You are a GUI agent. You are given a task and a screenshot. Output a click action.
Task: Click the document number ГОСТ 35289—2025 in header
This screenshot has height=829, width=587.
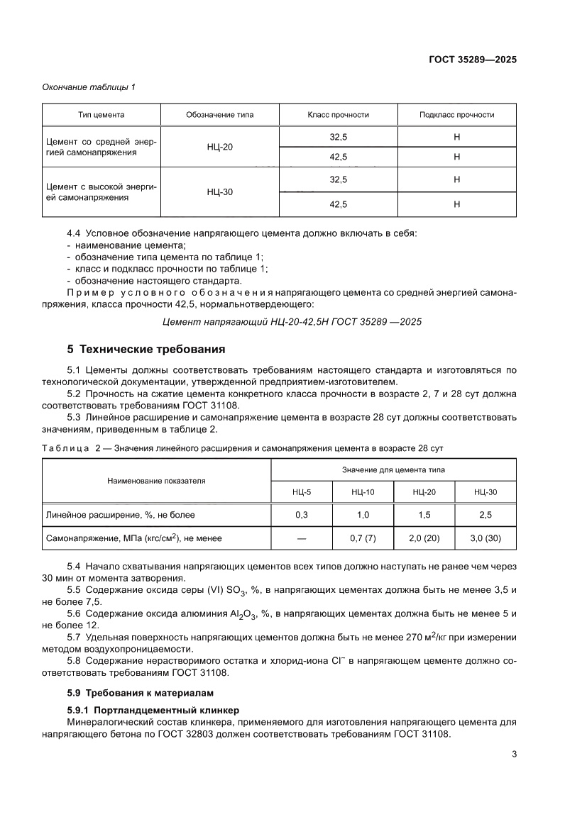coord(472,60)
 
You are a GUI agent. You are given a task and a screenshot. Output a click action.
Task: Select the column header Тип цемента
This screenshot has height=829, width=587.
coord(102,115)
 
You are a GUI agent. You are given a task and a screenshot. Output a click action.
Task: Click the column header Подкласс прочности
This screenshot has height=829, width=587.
coord(456,115)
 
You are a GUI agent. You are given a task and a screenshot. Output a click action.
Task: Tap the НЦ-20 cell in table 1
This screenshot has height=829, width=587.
coord(220,147)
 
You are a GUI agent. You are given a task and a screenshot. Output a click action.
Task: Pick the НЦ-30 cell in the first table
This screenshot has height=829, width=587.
coord(220,192)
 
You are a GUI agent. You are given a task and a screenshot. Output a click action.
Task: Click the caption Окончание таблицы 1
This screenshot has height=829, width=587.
coord(89,87)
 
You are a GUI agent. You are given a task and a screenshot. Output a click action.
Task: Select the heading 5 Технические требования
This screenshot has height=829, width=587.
coord(146,349)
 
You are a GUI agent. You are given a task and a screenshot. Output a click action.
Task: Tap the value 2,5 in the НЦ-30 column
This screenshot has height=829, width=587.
coord(485,515)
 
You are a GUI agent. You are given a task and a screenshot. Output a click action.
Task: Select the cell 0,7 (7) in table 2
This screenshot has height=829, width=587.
coord(363,538)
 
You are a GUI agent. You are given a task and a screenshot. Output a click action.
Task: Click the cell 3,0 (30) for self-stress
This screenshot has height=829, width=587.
coord(485,538)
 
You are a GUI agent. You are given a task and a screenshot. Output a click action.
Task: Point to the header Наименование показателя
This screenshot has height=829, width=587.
coord(156,480)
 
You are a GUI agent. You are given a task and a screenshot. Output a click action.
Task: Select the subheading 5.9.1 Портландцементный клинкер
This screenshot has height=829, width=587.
coord(153,710)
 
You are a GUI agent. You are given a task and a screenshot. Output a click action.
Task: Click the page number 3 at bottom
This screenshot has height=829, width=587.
coord(513,755)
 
